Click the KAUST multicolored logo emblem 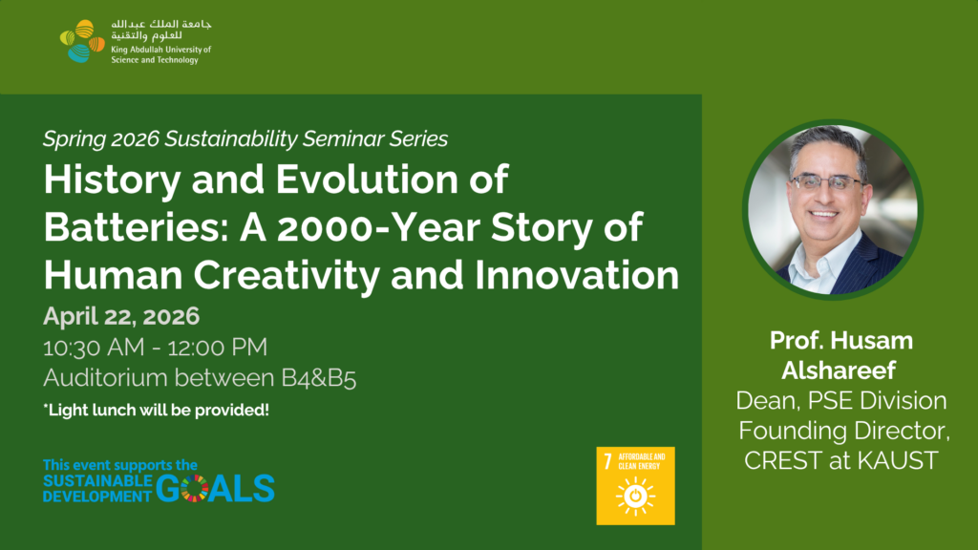click(82, 41)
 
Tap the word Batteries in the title click(136, 226)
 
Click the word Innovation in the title click(577, 275)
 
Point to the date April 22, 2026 click(121, 316)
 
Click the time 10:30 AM click(94, 348)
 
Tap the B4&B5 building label click(319, 378)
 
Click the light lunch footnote click(156, 411)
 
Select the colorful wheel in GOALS click(194, 488)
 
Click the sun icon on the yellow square click(635, 497)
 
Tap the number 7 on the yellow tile click(607, 461)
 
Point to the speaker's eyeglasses click(826, 182)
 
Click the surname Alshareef click(839, 370)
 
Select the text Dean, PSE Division click(840, 400)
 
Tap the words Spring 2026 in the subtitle click(101, 139)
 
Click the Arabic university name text click(160, 30)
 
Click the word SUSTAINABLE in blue click(97, 481)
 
